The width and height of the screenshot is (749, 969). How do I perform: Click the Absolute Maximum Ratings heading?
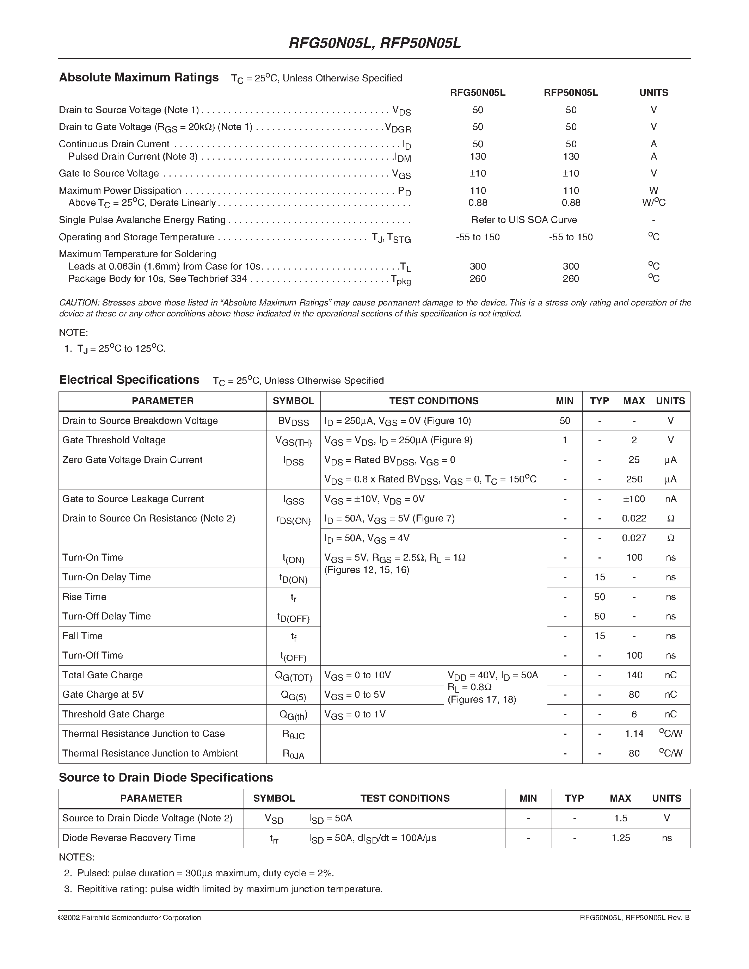[139, 78]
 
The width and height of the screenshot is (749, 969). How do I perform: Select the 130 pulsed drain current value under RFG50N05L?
[478, 156]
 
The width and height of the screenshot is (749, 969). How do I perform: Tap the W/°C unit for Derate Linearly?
[653, 203]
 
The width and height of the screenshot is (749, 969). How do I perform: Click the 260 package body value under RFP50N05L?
[571, 279]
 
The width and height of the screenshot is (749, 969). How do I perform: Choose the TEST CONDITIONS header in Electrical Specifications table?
[434, 401]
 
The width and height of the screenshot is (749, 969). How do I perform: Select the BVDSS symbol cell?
[293, 421]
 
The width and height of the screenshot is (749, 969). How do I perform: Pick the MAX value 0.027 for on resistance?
[634, 538]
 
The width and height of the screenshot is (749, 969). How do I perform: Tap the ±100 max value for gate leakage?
[634, 499]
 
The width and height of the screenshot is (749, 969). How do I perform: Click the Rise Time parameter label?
[84, 597]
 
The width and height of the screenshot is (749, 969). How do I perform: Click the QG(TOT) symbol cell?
[293, 676]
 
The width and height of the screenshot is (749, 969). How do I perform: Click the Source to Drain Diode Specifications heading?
[166, 778]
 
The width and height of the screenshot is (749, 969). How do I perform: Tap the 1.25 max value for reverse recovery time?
[620, 838]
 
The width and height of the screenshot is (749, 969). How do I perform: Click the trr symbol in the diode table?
[274, 839]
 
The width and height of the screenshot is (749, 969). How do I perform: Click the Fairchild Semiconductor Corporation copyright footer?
[130, 918]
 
